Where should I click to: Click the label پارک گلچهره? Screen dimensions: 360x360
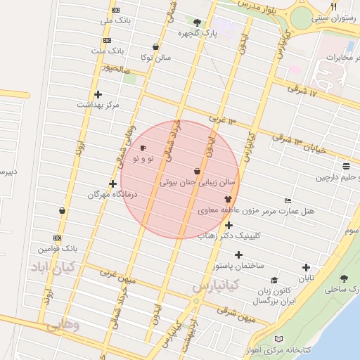[197, 33]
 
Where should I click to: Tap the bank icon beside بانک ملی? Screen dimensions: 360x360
[115, 11]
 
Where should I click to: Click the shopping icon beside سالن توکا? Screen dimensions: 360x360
[155, 47]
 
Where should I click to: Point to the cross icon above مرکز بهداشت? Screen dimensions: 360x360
[98, 94]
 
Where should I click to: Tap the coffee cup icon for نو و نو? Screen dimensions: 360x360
[143, 148]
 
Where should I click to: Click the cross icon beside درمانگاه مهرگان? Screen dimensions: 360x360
[112, 184]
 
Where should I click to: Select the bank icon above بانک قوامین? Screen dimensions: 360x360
[57, 238]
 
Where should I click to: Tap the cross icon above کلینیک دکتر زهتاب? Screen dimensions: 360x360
[229, 225]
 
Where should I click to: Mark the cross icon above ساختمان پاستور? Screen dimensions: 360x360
[238, 255]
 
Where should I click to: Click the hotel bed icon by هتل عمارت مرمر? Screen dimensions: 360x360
[288, 201]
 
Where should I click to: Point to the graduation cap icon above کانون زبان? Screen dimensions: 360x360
[274, 280]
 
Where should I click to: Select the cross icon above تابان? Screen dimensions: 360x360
[305, 267]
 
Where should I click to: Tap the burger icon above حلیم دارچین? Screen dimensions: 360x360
[347, 166]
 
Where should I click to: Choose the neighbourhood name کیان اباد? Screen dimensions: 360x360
[53, 267]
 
